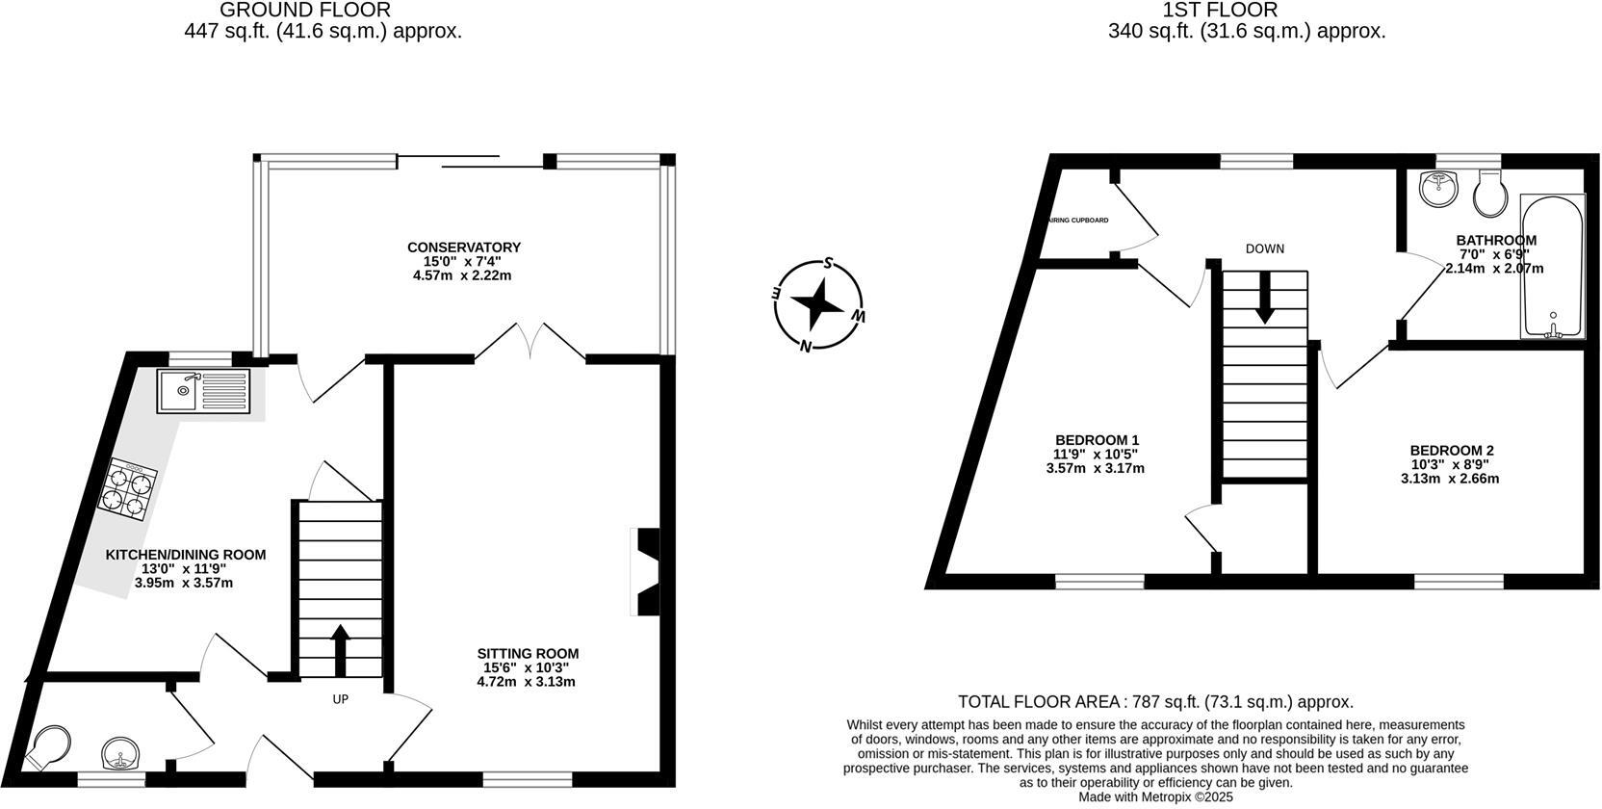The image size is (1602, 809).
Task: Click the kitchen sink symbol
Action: [203, 392]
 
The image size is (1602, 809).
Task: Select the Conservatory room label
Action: [463, 248]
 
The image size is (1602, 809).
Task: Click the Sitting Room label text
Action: [528, 654]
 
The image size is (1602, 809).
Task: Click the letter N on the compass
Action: [805, 347]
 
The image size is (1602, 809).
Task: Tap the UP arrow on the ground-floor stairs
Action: [340, 651]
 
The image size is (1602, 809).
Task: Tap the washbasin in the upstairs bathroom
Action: [1439, 188]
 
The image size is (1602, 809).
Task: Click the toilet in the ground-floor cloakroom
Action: [47, 747]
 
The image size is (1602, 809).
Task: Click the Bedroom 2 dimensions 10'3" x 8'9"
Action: [1452, 464]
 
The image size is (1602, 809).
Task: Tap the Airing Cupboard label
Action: [1078, 221]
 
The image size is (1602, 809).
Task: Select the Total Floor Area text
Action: [1155, 702]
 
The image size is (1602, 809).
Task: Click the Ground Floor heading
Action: [305, 11]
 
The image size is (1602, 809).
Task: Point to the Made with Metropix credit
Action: [1154, 797]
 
